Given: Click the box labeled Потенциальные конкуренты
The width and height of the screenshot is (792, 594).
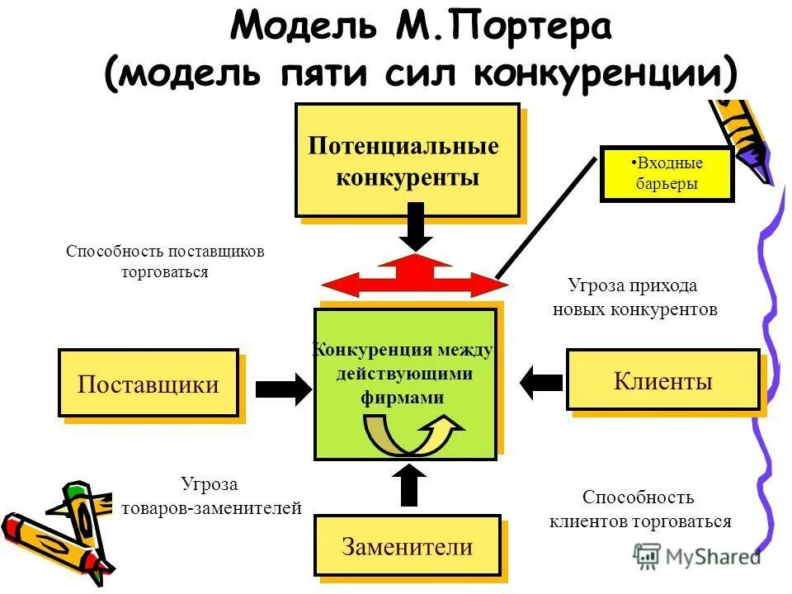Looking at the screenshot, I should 408,160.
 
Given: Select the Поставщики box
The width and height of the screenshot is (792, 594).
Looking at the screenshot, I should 148,384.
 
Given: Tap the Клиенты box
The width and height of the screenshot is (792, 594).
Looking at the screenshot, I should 662,380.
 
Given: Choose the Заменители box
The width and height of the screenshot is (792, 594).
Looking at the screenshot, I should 407,545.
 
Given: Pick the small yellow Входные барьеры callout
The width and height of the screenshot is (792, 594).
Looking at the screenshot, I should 667,175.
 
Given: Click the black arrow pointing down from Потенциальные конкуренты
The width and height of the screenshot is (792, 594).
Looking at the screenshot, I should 416,226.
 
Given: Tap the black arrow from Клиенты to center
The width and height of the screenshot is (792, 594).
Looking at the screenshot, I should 540,381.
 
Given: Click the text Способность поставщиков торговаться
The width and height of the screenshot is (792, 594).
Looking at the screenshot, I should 165,262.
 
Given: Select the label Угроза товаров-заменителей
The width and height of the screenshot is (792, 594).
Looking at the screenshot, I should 211,497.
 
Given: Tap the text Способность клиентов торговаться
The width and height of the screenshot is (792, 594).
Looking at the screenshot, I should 639,509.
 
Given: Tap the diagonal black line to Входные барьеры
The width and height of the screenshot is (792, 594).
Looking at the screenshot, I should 545,217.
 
